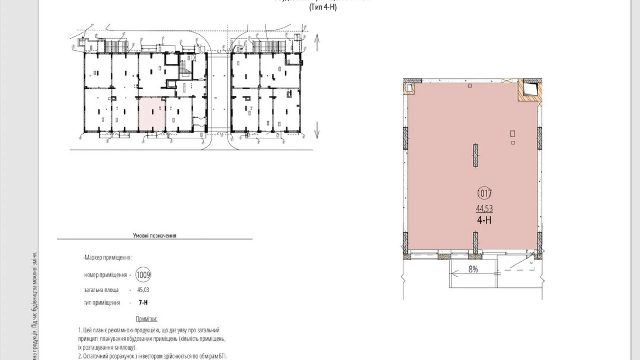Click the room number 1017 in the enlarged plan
click(484, 193)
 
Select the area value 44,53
click(484, 208)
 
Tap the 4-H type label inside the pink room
click(484, 220)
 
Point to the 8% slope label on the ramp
click(473, 269)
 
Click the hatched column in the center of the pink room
click(476, 155)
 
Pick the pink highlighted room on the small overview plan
click(152, 115)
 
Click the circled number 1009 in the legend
click(143, 275)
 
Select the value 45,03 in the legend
click(143, 290)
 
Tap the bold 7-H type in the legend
click(143, 303)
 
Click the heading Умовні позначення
click(155, 236)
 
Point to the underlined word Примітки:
click(146, 319)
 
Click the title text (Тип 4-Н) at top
click(322, 7)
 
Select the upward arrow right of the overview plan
click(317, 42)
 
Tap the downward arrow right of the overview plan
click(317, 130)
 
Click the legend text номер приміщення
click(106, 275)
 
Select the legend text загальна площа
click(101, 290)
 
